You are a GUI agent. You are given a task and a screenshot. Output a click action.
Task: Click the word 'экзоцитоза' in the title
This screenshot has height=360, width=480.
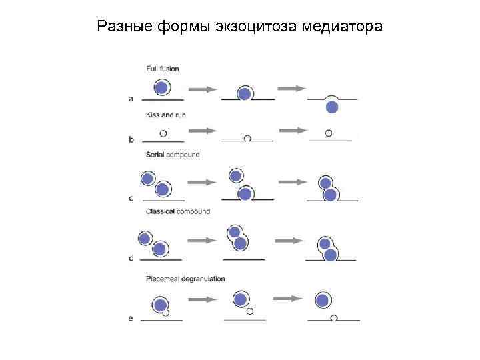257,27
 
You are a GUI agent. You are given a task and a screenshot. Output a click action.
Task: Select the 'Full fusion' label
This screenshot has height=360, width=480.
162,68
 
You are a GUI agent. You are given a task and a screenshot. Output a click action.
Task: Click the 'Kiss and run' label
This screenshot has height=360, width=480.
165,115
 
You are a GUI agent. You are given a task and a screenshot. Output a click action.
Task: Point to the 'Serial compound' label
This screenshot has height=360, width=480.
172,155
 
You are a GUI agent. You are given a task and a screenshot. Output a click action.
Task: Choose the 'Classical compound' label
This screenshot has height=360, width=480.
177,211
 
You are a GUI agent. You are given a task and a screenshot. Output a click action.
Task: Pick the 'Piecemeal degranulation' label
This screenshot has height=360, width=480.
185,279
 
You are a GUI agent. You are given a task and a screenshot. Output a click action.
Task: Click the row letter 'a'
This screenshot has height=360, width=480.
131,99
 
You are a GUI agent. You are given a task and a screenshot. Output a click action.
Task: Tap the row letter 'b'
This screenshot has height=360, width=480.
131,140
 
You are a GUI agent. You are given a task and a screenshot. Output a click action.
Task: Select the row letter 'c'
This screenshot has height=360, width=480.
131,198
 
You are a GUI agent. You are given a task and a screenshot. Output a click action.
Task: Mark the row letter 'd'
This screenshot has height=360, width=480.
131,257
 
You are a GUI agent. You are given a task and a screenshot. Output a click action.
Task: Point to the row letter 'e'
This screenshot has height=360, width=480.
131,319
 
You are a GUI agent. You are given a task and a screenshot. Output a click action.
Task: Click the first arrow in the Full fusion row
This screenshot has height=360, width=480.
203,89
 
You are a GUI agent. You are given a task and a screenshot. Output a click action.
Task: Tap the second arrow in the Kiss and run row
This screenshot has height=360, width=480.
292,130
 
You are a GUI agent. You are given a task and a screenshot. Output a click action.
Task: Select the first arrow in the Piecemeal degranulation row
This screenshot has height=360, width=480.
203,299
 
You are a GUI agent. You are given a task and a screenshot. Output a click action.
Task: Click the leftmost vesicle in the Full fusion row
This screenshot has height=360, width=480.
161,88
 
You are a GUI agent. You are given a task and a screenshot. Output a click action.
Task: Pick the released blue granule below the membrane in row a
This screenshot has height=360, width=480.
331,107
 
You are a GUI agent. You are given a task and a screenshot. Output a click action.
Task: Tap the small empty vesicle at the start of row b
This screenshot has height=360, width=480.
163,133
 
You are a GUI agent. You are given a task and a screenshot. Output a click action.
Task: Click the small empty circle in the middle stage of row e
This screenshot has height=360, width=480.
250,311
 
